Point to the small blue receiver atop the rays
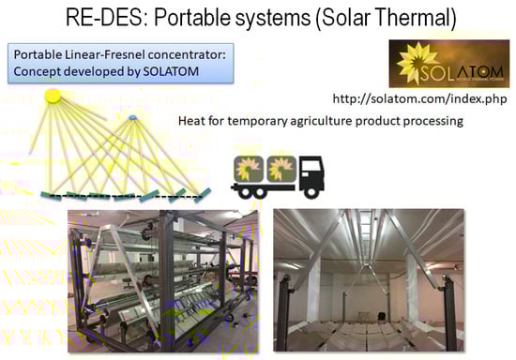pyautogui.click(x=133, y=116)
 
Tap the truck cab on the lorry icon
pyautogui.click(x=323, y=175)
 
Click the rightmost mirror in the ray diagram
pyautogui.click(x=199, y=193)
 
